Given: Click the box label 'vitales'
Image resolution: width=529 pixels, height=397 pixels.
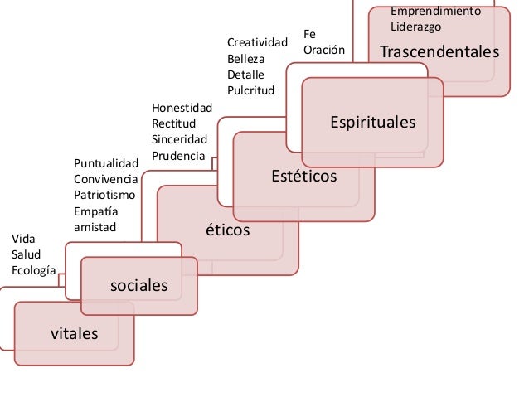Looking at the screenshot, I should [x=75, y=334].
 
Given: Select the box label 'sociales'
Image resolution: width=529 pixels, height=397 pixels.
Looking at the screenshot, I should [x=139, y=286].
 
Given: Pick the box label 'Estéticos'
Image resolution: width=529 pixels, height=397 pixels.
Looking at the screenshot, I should [x=304, y=177].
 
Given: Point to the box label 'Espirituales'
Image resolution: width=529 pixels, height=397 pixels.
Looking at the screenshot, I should [x=373, y=123].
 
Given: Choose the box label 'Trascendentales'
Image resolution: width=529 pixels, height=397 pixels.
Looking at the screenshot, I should [x=439, y=53].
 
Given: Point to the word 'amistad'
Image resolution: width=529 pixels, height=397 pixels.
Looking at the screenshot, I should [x=95, y=226].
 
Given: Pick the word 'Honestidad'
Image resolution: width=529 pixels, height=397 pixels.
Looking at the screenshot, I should [x=182, y=109].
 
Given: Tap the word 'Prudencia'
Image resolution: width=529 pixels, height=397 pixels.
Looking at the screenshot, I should [x=178, y=156].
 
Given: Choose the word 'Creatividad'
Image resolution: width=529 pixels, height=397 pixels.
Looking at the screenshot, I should [x=257, y=42].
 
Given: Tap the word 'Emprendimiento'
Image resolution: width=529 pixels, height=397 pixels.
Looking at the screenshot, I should [x=435, y=11].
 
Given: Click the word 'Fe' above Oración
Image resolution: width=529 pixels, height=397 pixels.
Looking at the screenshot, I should [x=311, y=34].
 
